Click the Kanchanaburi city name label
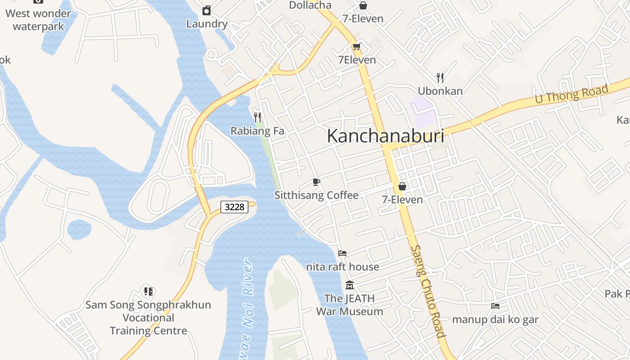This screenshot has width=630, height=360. [385, 136]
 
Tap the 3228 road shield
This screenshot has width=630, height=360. [234, 207]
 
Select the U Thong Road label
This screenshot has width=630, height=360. [571, 94]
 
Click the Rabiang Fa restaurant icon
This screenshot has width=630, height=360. [257, 117]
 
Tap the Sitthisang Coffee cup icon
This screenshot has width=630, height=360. [316, 182]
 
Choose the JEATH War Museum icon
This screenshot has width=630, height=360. [350, 285]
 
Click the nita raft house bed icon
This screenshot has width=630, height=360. [342, 253]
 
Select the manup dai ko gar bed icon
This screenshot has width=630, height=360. [495, 306]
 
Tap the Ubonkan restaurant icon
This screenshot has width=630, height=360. [440, 78]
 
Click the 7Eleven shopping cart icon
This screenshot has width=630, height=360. [357, 47]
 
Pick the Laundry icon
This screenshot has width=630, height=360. [207, 10]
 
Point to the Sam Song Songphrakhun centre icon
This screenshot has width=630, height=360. [148, 292]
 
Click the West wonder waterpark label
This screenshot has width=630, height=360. [38, 20]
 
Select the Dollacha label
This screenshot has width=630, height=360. [310, 5]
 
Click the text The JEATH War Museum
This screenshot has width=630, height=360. [350, 305]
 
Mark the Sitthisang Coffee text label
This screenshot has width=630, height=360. [316, 195]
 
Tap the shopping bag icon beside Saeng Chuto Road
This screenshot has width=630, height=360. [402, 186]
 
